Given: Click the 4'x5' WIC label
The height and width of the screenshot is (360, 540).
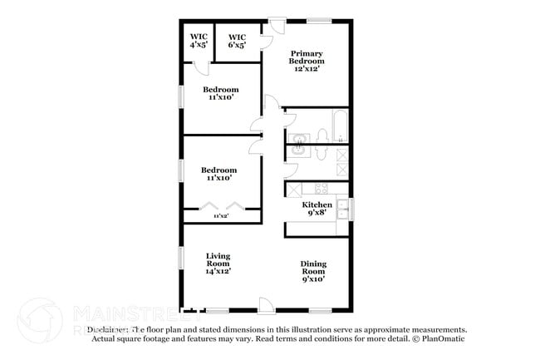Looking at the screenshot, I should [x=199, y=41].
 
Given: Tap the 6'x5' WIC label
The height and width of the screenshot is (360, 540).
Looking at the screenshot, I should [x=237, y=41].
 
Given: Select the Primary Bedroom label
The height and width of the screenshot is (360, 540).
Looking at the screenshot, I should [x=306, y=61].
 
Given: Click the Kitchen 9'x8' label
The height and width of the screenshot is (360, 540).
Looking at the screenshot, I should [x=317, y=209].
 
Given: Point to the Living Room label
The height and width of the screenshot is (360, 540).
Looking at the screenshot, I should [x=218, y=263].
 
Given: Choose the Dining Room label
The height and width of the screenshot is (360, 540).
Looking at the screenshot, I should [x=313, y=271].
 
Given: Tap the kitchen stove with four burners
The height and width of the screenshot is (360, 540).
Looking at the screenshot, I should [x=320, y=189].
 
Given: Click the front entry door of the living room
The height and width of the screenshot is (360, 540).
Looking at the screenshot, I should [x=265, y=305].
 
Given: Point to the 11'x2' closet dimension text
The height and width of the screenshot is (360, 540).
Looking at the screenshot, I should [x=221, y=215].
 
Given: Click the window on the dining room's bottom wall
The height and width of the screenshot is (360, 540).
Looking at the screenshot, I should [x=321, y=311].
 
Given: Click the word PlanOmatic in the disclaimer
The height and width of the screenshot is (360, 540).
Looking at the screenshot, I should [x=443, y=338].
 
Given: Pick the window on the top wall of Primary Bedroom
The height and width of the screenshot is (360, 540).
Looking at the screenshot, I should [x=318, y=19].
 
